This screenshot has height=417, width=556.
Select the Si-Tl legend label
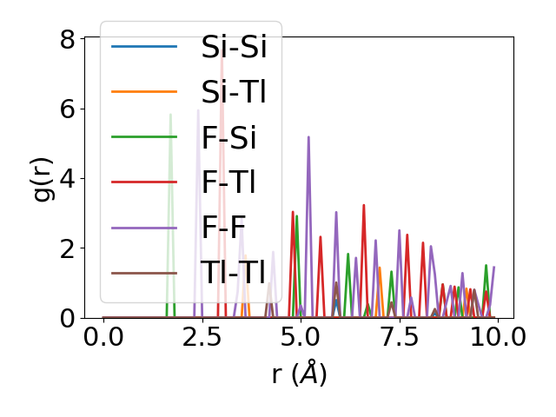click(x=233, y=92)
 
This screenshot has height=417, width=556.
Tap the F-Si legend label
click(x=228, y=137)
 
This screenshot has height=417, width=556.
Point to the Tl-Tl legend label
click(x=233, y=273)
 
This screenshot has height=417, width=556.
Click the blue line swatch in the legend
click(x=144, y=47)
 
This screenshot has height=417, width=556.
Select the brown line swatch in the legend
click(x=144, y=273)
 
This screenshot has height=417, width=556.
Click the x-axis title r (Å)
click(x=299, y=374)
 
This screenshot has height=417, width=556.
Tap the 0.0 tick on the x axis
click(x=103, y=337)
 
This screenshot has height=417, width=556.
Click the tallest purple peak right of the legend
click(x=308, y=137)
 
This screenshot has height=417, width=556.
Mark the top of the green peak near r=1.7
click(x=170, y=115)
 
